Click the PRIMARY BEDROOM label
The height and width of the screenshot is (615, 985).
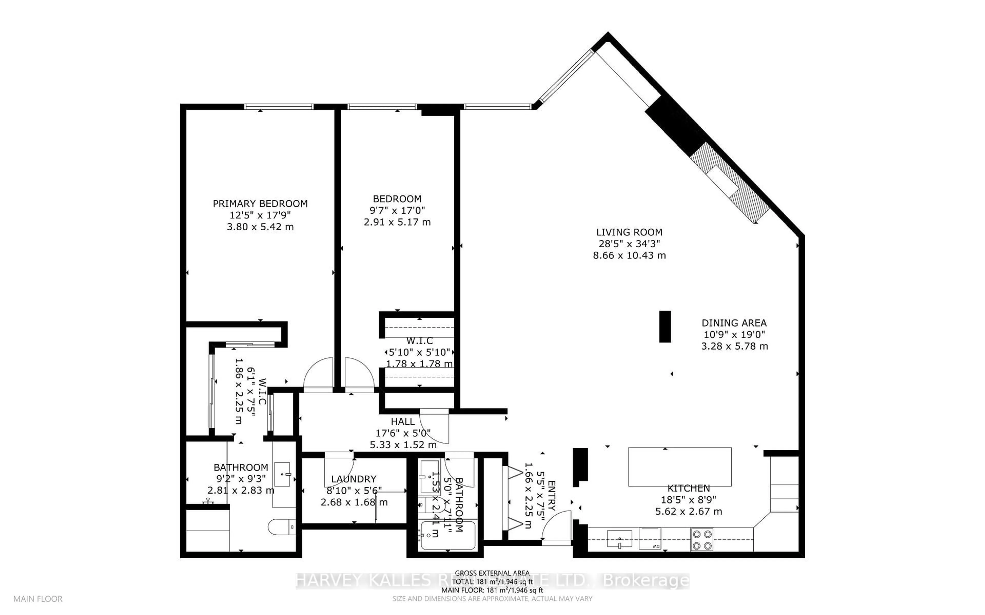point(260,203)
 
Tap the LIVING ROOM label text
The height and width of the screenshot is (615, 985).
point(629,232)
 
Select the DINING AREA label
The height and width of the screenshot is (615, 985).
point(734,323)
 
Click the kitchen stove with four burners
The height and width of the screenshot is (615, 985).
point(702,540)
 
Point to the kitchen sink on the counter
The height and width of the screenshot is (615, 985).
point(619,539)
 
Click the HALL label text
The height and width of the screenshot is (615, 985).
point(402,422)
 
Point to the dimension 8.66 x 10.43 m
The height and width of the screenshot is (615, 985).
point(629,255)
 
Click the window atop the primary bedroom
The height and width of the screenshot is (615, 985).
point(279,107)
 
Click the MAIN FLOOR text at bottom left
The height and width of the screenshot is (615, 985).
point(38,599)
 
